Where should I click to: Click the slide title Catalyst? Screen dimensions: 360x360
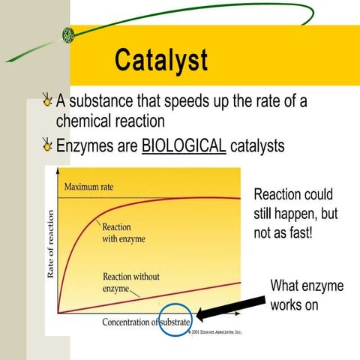[160, 61]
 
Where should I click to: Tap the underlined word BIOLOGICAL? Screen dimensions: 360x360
[184, 145]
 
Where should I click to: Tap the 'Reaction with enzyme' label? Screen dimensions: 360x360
[124, 232]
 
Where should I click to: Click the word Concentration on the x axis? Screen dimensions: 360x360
[129, 322]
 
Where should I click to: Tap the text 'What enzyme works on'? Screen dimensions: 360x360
[306, 295]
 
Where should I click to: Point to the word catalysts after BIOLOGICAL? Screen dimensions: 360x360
[257, 145]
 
